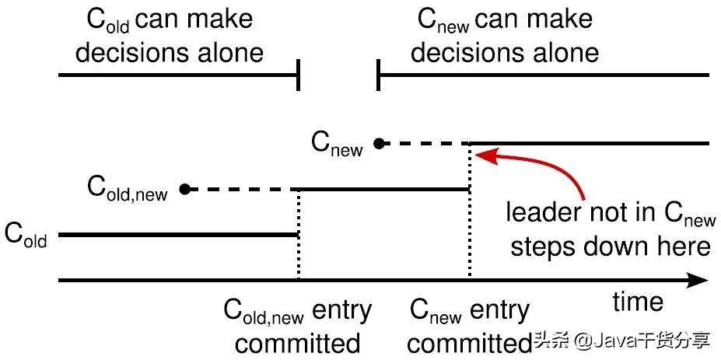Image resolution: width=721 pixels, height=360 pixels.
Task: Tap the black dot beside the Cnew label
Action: pos(379,144)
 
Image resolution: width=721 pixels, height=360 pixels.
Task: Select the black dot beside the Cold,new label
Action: pos(185,188)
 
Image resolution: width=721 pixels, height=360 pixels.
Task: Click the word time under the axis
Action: pos(638,302)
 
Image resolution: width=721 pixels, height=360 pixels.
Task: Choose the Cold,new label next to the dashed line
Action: pos(128,187)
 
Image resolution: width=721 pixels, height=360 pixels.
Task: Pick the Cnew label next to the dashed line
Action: pos(337,143)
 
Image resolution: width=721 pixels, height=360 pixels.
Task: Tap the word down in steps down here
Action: pos(626,247)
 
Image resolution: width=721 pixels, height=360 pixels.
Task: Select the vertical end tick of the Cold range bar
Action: pos(299,75)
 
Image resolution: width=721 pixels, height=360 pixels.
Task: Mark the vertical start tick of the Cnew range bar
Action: pos(378,75)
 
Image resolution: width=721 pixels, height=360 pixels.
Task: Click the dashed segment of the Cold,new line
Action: pos(242,189)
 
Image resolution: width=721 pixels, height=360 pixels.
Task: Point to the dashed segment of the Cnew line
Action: pos(423,144)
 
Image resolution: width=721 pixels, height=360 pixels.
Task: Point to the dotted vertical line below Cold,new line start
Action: pos(299,235)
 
